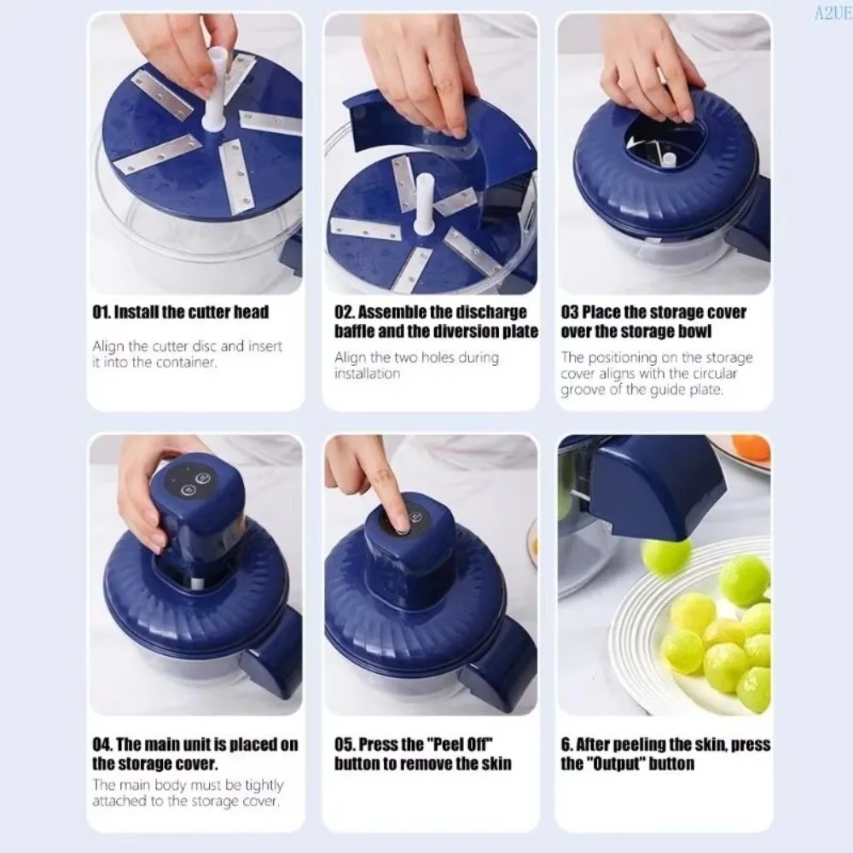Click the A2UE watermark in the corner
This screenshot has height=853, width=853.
point(833,13)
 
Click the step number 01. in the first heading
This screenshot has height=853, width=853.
point(102,312)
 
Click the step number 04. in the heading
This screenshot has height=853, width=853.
point(103,745)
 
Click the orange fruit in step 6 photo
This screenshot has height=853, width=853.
point(751,447)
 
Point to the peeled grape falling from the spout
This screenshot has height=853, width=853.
point(665,555)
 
